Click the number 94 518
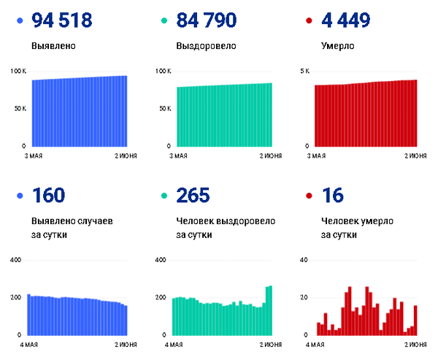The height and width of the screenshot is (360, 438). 62,21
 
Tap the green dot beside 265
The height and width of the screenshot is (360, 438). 164,196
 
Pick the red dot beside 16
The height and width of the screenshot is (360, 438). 310,196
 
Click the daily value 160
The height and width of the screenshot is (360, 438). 49,196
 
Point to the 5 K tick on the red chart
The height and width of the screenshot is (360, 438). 305,71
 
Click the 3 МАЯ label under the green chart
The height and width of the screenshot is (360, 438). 179,155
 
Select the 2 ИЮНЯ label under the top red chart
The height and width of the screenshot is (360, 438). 406,155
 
